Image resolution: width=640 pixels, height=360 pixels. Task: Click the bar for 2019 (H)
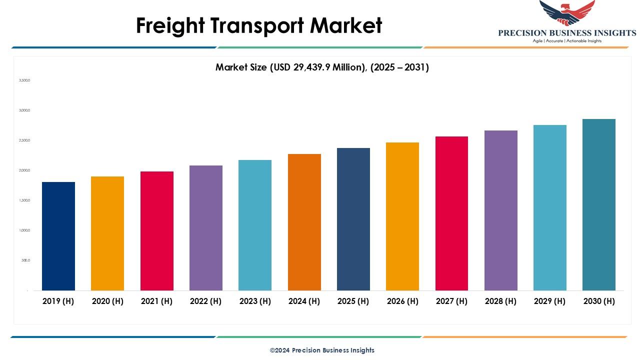[x=58, y=236]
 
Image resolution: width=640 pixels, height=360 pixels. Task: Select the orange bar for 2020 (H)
[x=107, y=233]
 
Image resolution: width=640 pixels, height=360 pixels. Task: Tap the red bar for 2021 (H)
[x=156, y=231]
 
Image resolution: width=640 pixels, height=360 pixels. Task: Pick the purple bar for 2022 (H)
[x=206, y=228]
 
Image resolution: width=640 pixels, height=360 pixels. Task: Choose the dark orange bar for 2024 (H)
[x=304, y=222]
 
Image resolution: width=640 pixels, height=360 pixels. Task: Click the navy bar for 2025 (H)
[x=353, y=219]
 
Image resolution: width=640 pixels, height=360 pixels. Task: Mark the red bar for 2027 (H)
[x=451, y=213]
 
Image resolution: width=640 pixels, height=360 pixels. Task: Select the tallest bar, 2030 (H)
[x=599, y=204]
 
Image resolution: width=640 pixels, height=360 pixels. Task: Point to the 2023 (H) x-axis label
[x=255, y=301]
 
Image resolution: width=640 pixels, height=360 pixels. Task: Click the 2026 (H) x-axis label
[x=402, y=301]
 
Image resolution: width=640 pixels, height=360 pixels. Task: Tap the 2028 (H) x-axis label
[x=500, y=301]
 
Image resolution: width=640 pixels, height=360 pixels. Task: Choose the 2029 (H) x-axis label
[x=549, y=301]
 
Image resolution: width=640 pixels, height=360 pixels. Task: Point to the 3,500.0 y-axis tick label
[x=24, y=80]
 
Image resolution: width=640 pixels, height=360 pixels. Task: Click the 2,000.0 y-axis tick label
[x=24, y=170]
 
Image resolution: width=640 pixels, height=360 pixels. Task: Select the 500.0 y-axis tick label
[x=25, y=260]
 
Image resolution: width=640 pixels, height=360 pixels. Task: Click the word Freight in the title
[x=169, y=25]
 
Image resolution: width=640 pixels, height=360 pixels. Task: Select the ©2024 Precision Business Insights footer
[x=322, y=350]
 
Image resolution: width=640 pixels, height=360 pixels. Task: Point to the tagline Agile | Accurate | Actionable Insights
[x=567, y=41]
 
